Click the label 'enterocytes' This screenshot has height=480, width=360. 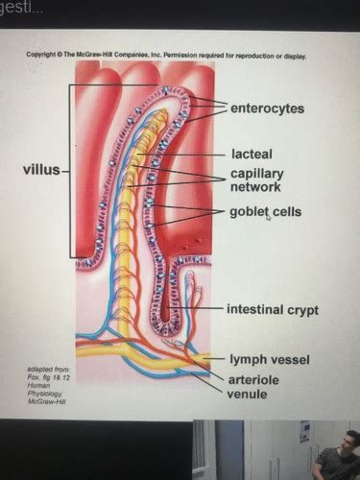click(267, 108)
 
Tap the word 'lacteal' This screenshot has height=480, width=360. click(252, 153)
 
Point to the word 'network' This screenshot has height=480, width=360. click(255, 188)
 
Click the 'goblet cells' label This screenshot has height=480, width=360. click(265, 211)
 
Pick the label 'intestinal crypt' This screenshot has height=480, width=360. click(272, 310)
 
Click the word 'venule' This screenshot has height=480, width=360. click(247, 393)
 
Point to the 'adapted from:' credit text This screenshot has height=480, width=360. click(48, 369)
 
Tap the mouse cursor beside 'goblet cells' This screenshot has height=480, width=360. click(268, 219)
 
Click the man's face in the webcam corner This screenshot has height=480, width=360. click(348, 443)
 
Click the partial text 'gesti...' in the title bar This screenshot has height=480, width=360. click(20, 8)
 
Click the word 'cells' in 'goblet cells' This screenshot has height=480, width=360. click(288, 211)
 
